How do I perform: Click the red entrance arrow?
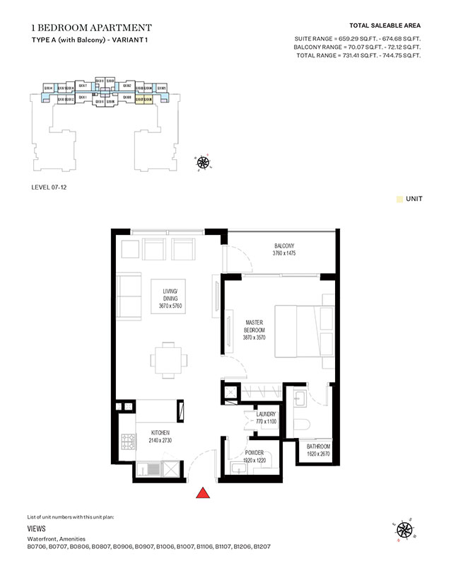point(203,494)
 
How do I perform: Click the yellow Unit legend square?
point(400,200)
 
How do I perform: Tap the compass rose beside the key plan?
point(204,163)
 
